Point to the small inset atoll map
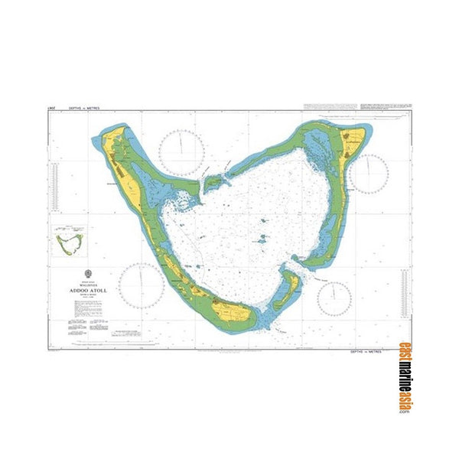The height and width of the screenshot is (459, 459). click(70, 243)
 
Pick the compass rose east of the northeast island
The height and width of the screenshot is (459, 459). click(369, 174)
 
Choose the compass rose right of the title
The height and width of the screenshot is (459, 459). click(141, 285)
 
